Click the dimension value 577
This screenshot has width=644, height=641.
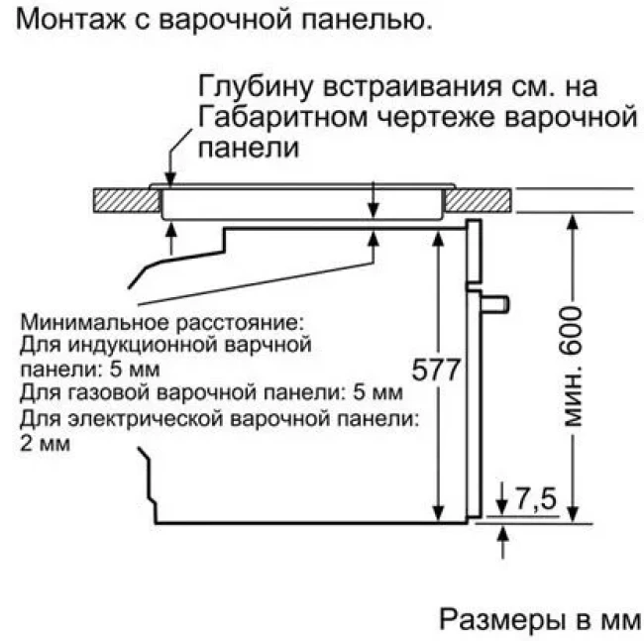coord(437,371)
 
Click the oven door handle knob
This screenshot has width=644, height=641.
coord(499,299)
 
